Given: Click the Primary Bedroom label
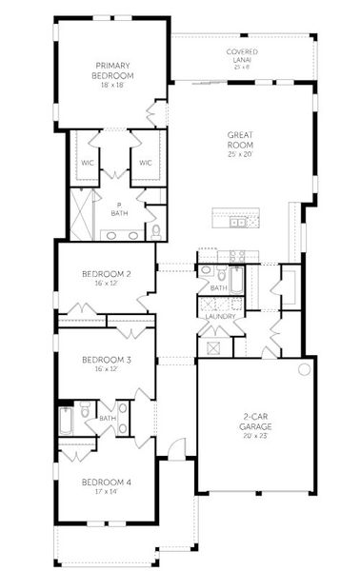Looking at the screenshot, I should coord(112,69).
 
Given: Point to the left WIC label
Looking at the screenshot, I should coord(87,163).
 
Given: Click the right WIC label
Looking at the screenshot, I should coord(146,163).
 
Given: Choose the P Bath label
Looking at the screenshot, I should coord(119,208).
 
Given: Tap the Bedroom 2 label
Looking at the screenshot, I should coord(106,274).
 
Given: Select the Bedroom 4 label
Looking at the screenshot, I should coord(106,482).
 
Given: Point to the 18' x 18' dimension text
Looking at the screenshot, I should coord(112,85).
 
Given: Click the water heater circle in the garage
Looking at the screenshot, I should coord(305,369).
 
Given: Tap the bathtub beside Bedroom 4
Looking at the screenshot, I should coord(66,419).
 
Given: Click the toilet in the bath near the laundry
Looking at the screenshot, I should coord(207,272).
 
